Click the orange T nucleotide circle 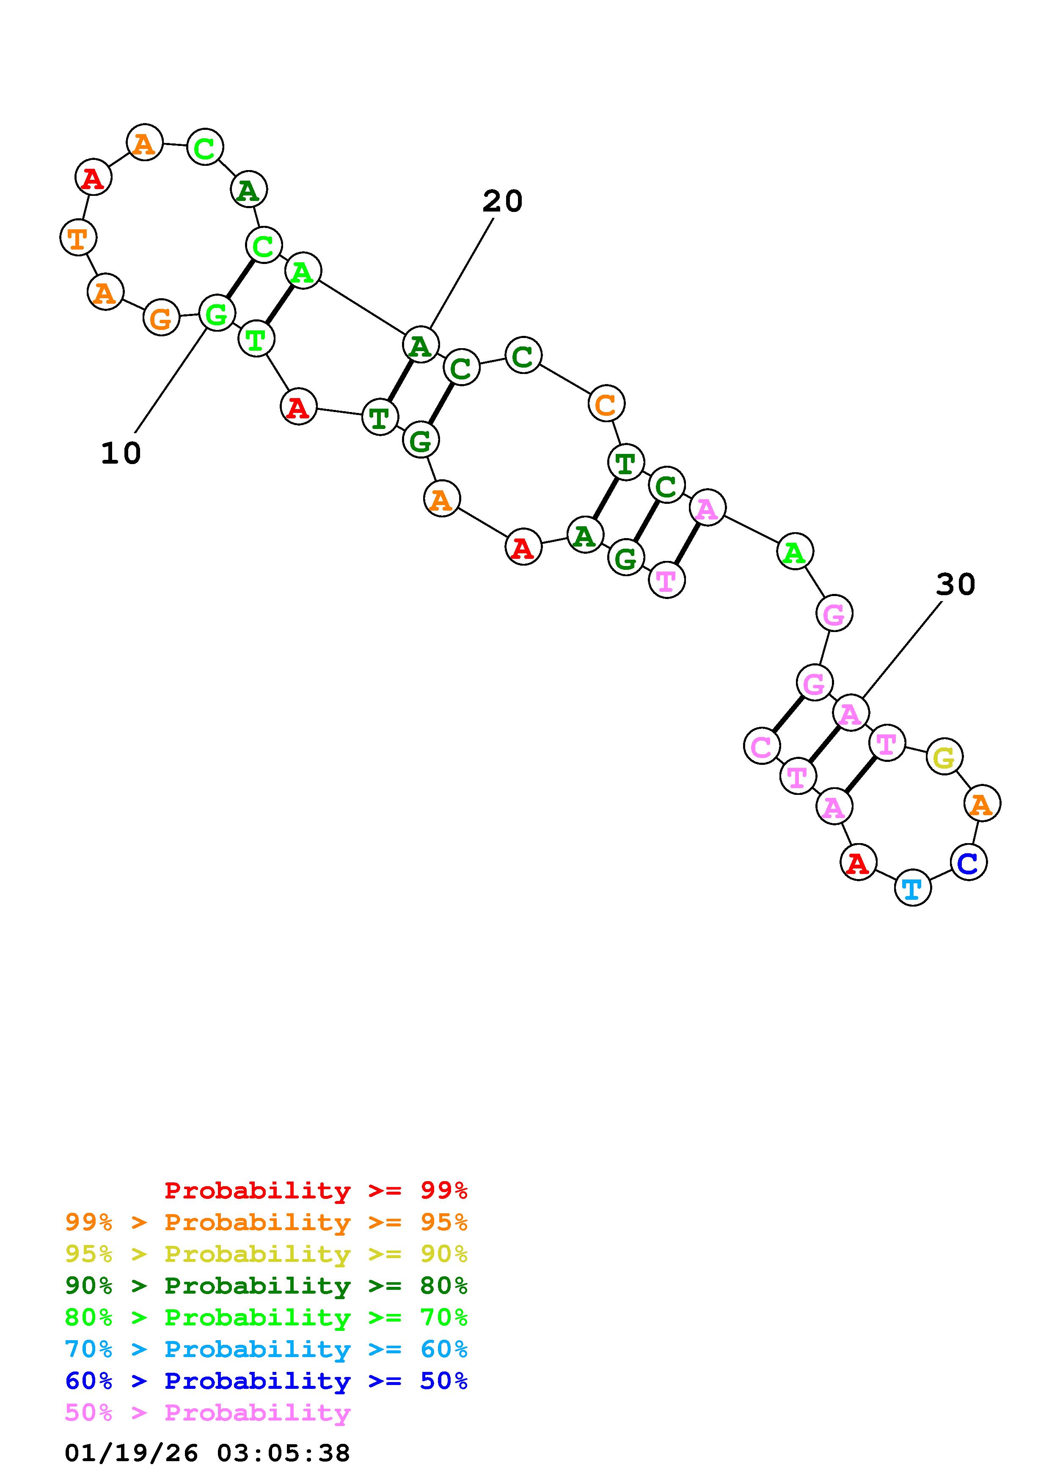coord(78,238)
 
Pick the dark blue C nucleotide coord(968,862)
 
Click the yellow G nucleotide coord(944,757)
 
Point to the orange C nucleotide coord(606,404)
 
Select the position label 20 coord(502,202)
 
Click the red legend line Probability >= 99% coord(315,1190)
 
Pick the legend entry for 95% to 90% coord(266,1254)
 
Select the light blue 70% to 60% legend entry coord(266,1349)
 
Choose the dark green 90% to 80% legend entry coord(266,1286)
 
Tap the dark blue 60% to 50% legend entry coord(266,1381)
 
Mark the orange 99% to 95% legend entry coord(266,1222)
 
